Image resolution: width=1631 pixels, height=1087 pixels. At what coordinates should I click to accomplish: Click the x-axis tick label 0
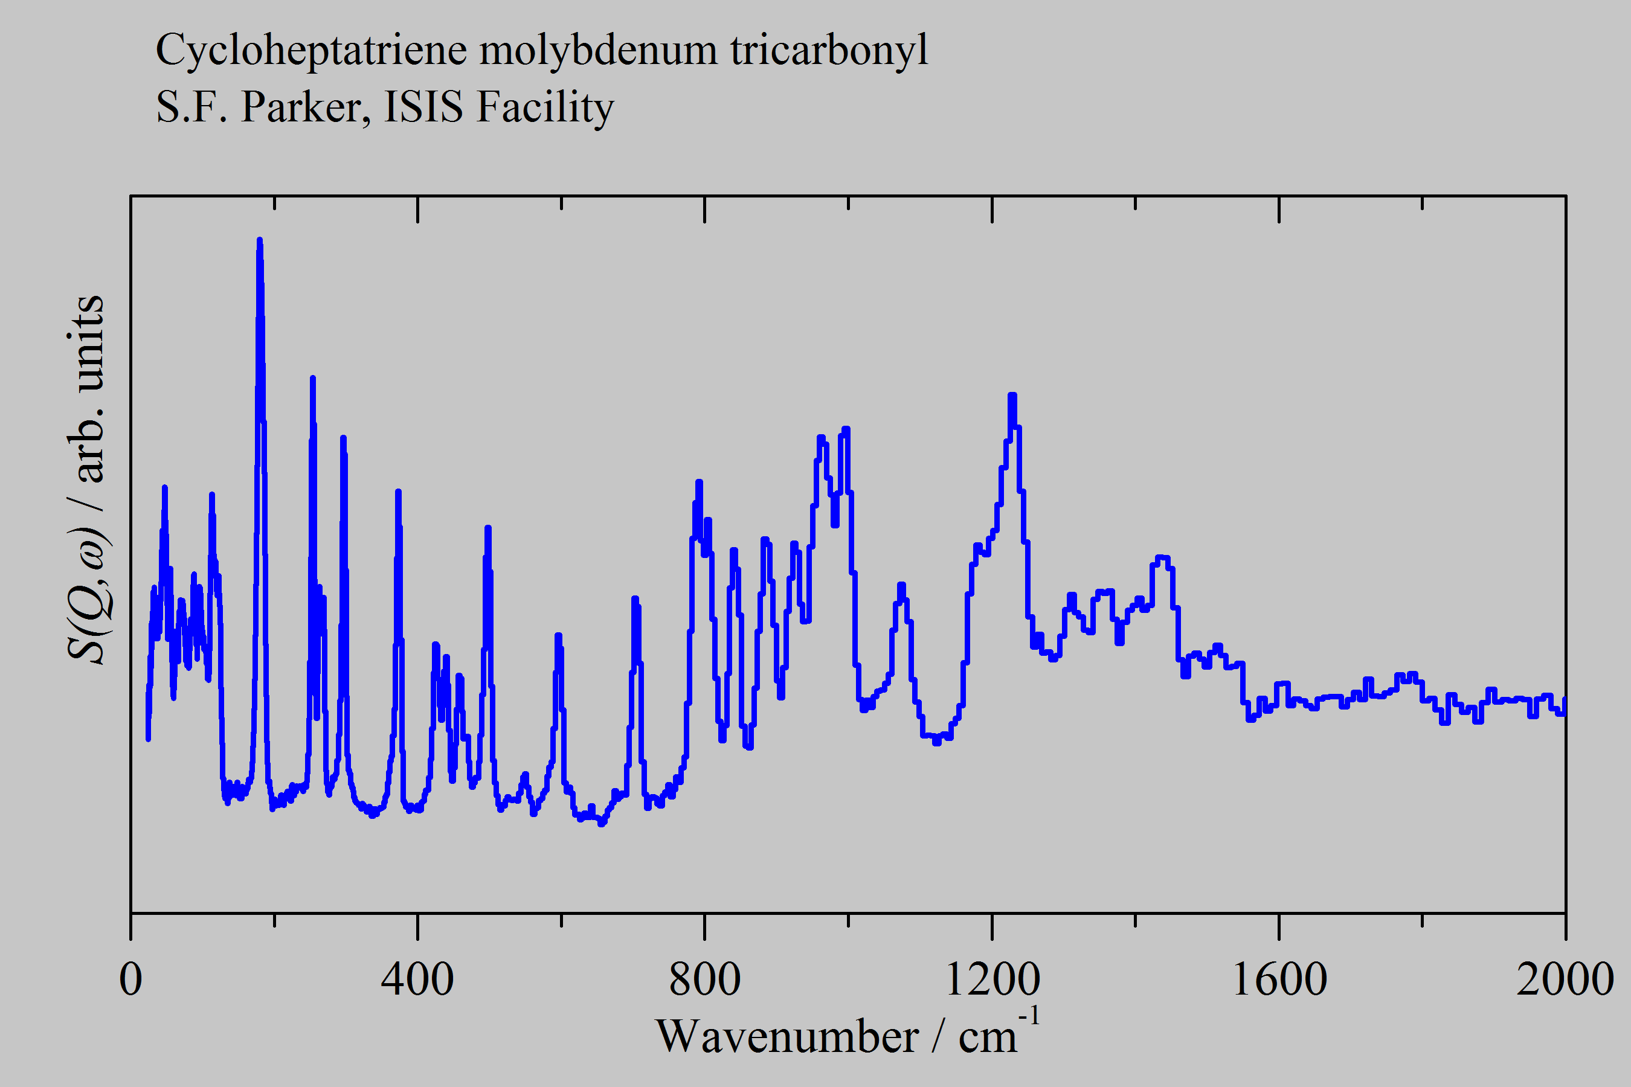(130, 980)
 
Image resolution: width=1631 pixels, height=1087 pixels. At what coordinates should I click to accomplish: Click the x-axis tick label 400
(417, 980)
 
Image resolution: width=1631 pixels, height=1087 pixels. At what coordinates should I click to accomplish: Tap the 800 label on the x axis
(704, 980)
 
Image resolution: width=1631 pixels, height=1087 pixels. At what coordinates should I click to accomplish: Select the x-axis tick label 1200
(992, 980)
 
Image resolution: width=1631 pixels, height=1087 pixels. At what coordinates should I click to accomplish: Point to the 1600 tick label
(1279, 980)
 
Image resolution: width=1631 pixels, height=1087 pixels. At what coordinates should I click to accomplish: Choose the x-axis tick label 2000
(1565, 980)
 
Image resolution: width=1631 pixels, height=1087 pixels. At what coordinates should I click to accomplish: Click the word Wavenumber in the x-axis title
(787, 1037)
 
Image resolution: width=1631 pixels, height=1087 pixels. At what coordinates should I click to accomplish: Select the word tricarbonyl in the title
(829, 51)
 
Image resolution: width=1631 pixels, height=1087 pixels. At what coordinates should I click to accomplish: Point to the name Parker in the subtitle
(305, 107)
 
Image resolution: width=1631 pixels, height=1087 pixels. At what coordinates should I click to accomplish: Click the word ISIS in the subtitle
(423, 107)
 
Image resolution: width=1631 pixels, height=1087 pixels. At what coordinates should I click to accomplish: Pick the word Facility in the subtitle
(545, 107)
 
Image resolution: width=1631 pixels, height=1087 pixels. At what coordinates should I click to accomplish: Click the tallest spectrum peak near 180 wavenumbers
(259, 240)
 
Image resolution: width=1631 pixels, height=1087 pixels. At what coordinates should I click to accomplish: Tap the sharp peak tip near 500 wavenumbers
(487, 528)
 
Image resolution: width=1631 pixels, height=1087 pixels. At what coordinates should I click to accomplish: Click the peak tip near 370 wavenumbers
(398, 492)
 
